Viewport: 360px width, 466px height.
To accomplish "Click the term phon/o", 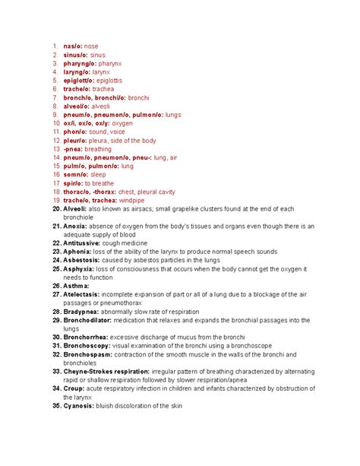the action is (74, 132).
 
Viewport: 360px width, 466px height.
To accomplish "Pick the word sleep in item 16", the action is (99, 175).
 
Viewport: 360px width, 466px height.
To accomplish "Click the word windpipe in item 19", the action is (137, 200).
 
